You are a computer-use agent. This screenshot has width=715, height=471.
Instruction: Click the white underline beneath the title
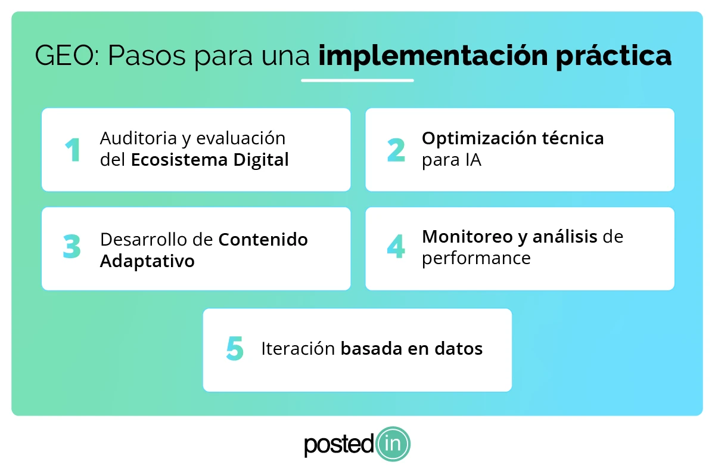click(x=357, y=80)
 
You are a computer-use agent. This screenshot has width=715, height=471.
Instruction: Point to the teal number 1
click(x=73, y=150)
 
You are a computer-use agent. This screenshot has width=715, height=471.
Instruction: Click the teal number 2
click(x=396, y=150)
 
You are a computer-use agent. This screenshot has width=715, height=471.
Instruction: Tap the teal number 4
click(x=396, y=247)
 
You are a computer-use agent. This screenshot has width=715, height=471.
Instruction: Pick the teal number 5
click(x=235, y=349)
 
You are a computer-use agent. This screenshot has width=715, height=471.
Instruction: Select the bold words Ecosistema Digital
click(x=210, y=160)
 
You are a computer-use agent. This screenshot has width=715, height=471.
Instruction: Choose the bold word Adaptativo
click(x=147, y=261)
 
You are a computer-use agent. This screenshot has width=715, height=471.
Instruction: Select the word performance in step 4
click(x=476, y=258)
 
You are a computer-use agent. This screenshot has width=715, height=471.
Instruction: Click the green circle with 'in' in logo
click(x=393, y=444)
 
